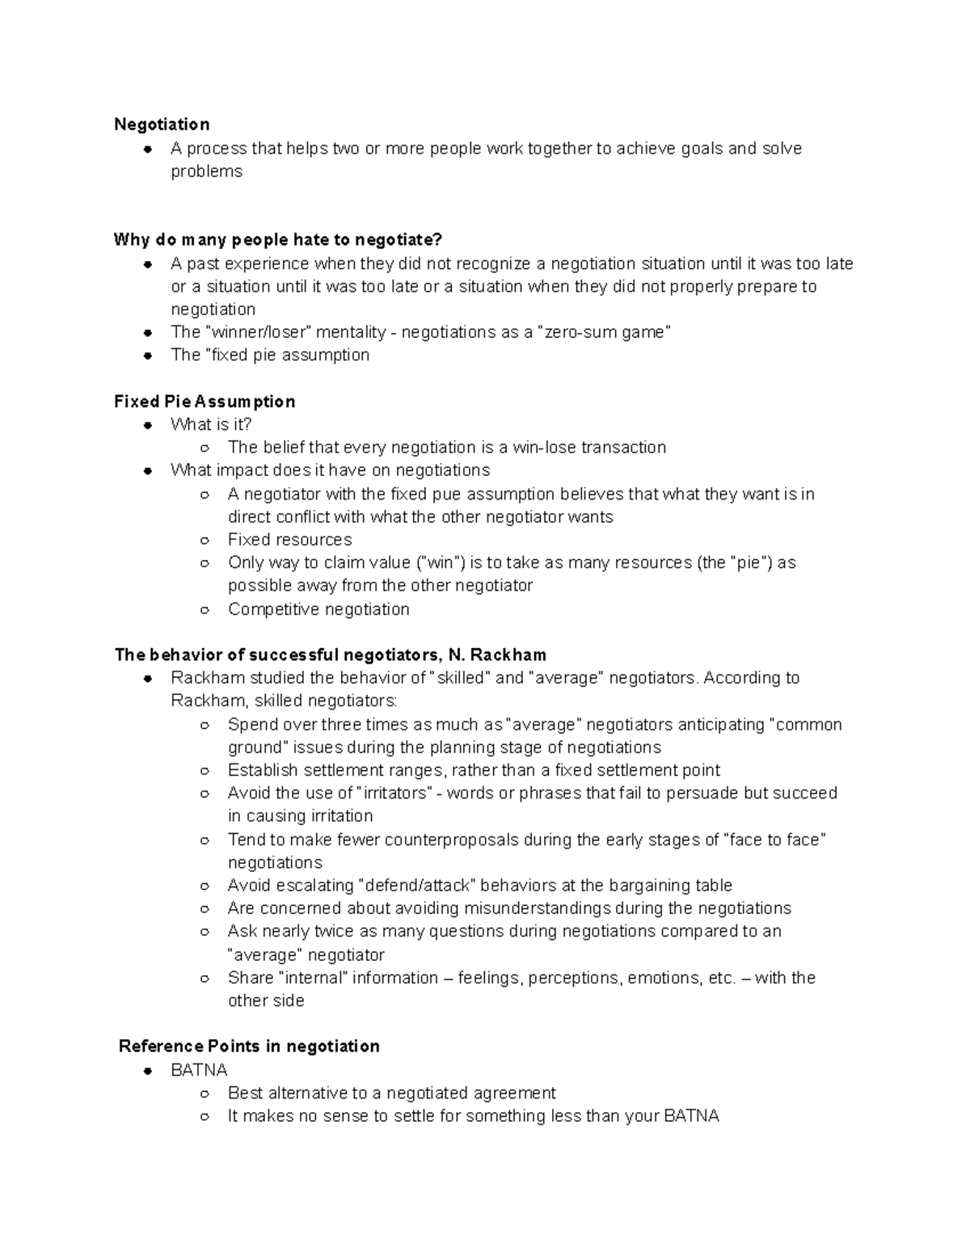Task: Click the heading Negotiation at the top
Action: click(162, 124)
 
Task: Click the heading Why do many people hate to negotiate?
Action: click(278, 240)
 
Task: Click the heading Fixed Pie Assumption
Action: click(205, 402)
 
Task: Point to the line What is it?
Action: click(211, 424)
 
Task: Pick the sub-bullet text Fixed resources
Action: click(289, 540)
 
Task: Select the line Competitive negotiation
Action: click(318, 609)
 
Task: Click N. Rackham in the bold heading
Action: click(497, 655)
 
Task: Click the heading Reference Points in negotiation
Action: click(249, 1047)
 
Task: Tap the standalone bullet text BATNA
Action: click(199, 1070)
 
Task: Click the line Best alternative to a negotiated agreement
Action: click(391, 1093)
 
